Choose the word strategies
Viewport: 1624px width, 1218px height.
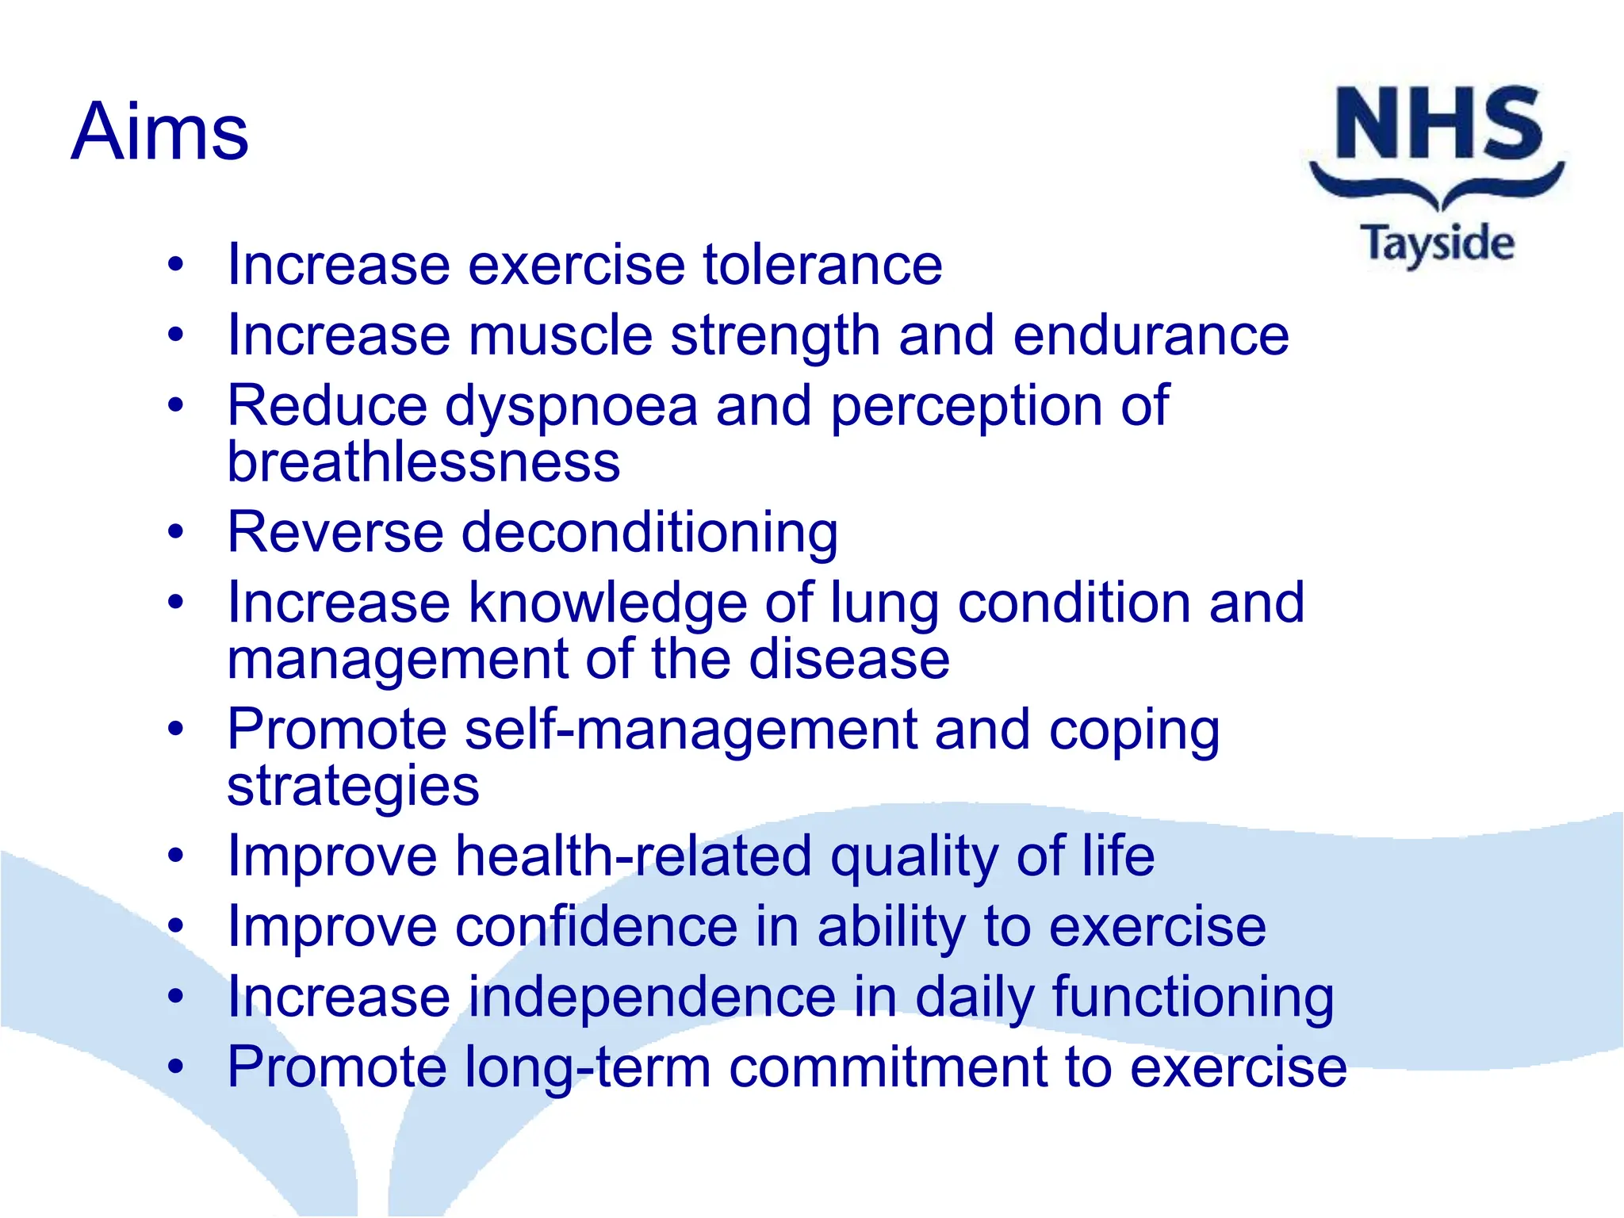[353, 787]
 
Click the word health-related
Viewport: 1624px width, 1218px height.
[634, 856]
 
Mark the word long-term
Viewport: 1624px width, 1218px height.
[588, 1068]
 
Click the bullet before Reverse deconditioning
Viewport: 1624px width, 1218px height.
[175, 532]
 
